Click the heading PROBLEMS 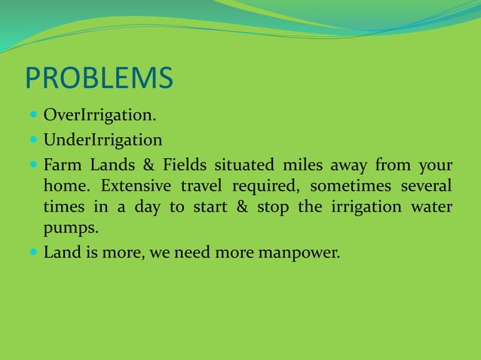99,78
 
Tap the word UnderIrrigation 103,140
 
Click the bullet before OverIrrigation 33,117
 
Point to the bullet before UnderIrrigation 33,140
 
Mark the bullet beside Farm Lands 33,164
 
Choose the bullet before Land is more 33,252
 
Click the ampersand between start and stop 242,208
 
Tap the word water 432,208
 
